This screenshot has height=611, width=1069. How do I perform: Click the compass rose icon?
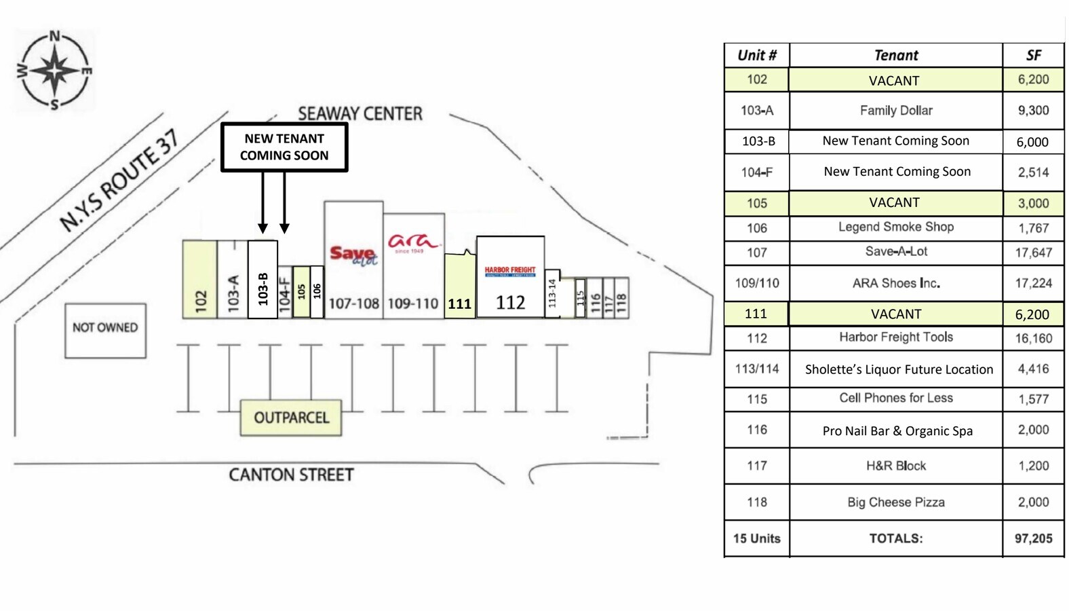coord(55,69)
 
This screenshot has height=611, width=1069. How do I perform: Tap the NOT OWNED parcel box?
coord(105,330)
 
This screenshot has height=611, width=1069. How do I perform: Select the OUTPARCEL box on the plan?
coord(291,418)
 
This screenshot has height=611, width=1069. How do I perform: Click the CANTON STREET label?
coord(291,475)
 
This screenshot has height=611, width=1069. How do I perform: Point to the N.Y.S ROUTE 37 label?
coord(119,181)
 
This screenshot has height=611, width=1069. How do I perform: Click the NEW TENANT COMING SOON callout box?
coord(284,147)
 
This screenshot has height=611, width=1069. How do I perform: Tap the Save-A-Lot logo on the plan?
coord(353,256)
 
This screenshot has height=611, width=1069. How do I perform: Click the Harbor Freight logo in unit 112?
coord(510,272)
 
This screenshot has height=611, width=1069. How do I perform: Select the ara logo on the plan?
coord(413,243)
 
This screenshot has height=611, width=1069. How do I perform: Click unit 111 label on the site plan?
coord(459,303)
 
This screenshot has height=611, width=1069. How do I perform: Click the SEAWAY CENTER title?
coord(360,113)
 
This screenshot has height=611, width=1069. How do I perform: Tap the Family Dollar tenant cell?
coord(896,111)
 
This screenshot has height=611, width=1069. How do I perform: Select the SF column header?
coord(1033,56)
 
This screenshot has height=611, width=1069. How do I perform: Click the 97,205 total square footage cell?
coord(1033,538)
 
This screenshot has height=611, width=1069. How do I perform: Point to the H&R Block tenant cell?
coord(896,466)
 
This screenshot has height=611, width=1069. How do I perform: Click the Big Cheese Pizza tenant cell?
coord(896,502)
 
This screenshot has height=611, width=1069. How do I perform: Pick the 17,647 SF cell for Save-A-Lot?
coord(1033,253)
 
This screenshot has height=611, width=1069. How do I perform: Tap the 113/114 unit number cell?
coord(757,369)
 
